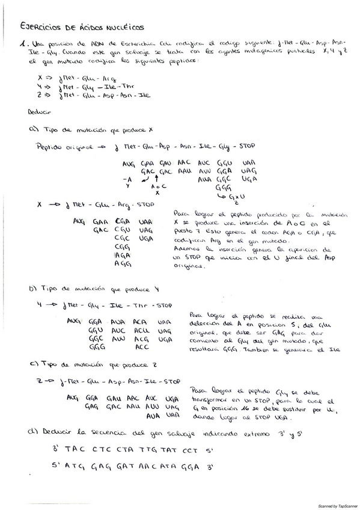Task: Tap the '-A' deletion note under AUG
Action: coord(126,179)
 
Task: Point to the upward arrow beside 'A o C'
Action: coord(157,179)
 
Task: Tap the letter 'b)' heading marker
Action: coord(32,289)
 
